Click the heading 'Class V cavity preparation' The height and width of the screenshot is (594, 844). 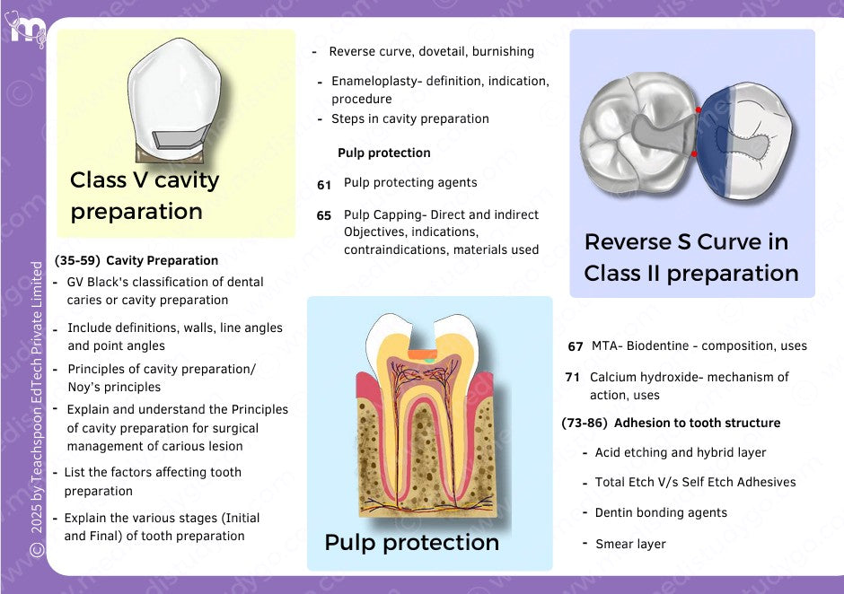145,196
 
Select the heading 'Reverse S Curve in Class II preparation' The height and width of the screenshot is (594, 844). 690,258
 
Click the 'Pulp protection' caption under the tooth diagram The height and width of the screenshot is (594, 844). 411,543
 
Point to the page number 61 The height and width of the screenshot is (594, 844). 324,184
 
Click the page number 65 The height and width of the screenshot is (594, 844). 324,215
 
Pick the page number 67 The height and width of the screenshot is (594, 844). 576,346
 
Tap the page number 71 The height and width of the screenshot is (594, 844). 573,378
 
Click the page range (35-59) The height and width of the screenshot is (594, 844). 76,261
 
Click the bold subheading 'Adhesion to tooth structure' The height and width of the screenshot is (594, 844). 697,423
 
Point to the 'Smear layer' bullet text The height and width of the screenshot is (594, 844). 630,544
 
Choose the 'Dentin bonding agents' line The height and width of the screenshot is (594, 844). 661,512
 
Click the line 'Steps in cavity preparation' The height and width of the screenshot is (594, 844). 409,118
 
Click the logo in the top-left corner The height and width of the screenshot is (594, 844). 27,28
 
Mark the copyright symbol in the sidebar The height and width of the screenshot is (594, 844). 37,548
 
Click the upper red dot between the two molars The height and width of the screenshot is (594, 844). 699,110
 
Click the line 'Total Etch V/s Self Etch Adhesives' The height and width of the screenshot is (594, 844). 695,482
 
